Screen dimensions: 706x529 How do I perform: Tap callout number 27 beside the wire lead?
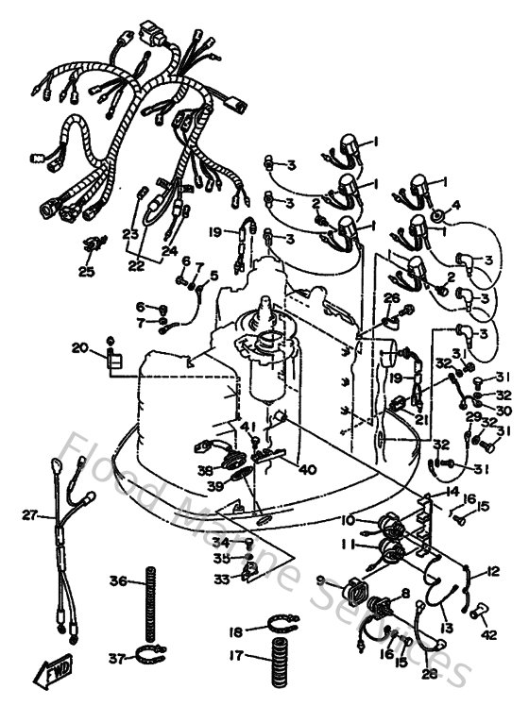coord(31,515)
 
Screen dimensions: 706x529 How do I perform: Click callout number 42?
coord(488,635)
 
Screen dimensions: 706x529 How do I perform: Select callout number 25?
coord(87,272)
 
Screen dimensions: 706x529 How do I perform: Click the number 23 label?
coord(130,233)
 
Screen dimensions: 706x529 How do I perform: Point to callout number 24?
coord(169,251)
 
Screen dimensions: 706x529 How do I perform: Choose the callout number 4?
coord(455,204)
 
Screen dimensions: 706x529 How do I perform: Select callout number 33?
coord(220,579)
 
